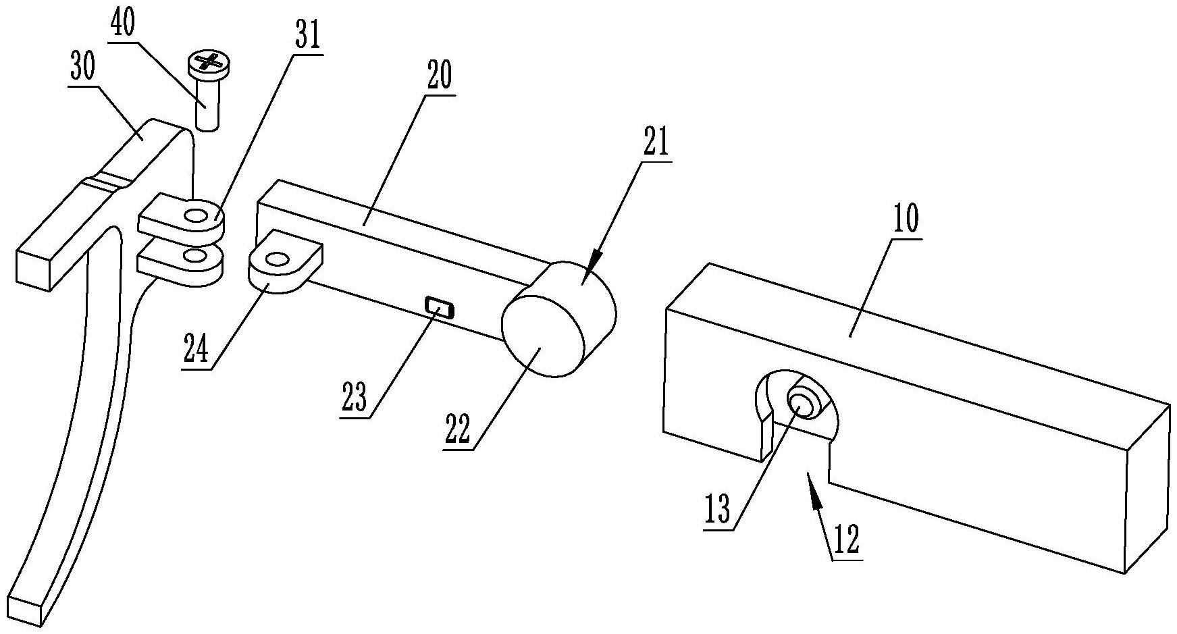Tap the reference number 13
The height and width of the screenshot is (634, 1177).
click(718, 510)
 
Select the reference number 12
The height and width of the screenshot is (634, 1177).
click(846, 540)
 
